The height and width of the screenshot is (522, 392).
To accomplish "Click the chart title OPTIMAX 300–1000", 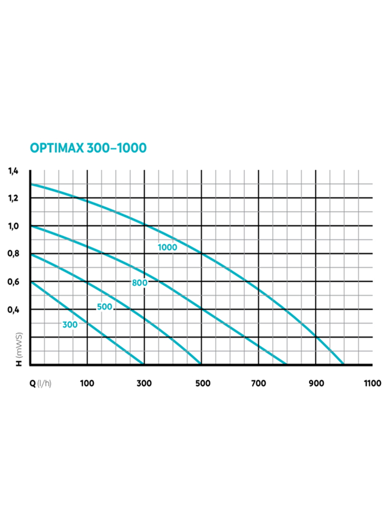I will pos(88,148).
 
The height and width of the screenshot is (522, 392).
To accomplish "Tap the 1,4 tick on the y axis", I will pos(13,171).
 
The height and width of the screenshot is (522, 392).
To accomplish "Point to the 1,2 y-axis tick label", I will pos(13,198).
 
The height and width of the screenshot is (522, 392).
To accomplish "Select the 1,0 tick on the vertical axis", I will pos(13,226).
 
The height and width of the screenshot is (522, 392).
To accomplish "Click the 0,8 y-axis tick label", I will pos(13,254).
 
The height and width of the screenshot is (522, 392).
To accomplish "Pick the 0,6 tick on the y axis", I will pos(13,281).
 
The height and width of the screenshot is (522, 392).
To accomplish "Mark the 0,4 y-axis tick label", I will pos(13,309).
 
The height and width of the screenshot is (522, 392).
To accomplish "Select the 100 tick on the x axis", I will pos(88,383).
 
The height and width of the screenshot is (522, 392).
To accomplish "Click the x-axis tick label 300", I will pos(144,383).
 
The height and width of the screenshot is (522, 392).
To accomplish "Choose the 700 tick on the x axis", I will pos(259,383).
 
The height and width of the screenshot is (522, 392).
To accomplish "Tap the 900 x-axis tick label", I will pos(316,383).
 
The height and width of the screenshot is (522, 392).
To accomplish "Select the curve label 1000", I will pos(168,248).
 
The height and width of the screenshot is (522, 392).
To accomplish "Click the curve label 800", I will pos(140,283).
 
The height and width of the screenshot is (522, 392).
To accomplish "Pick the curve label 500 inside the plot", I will pos(105,307).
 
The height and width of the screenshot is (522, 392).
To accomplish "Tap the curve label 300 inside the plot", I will pos(70,325).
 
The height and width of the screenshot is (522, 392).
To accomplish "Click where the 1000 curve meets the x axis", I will pos(344,364).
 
